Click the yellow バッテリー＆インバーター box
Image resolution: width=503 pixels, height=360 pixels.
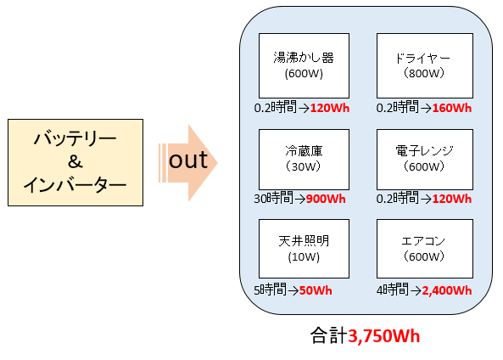75,162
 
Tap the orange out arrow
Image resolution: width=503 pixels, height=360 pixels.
188,163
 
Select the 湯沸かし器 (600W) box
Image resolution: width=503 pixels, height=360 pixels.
304,65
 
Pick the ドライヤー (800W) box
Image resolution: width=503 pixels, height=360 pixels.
425,65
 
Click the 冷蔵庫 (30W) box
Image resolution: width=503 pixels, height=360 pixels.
304,160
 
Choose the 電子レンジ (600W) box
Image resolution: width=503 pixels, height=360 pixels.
425,160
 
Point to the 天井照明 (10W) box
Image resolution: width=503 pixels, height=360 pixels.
304,249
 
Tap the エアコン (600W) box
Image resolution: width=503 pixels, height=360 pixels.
425,249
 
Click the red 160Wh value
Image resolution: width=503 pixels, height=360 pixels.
452,108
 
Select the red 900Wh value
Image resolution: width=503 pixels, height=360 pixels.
326,199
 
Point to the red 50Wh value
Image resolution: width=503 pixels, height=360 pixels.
316,290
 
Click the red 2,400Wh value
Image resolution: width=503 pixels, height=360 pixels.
447,290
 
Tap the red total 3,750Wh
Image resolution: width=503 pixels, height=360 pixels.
384,336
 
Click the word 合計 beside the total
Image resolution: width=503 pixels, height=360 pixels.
329,335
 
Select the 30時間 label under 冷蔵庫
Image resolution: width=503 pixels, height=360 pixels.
273,198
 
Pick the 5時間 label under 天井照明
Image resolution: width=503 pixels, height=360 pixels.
270,290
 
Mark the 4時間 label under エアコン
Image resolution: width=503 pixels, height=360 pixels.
393,290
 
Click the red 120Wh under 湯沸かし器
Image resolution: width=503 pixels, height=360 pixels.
330,108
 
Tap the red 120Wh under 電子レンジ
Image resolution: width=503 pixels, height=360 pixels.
452,199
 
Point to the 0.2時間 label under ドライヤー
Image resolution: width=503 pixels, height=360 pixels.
398,107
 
